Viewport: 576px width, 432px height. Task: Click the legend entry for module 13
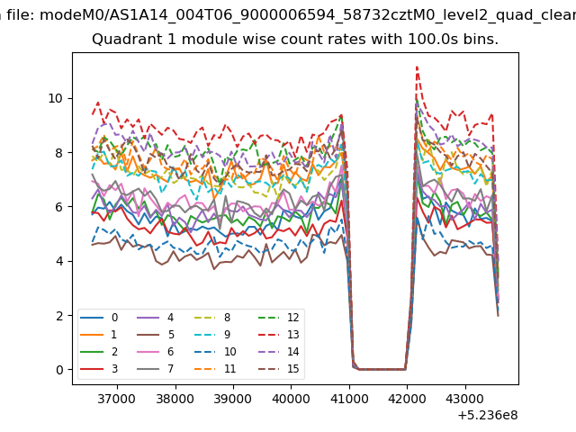[x=279, y=335]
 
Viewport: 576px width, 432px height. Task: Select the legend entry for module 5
[x=156, y=335]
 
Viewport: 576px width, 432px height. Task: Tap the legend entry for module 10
[x=215, y=352]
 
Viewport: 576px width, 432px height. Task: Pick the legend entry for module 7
[x=156, y=368]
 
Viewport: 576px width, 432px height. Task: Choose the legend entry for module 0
[x=99, y=318]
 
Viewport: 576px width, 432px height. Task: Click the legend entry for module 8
[x=212, y=318]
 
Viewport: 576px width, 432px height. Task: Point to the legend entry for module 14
[x=279, y=352]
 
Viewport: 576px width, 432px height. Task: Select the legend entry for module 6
[x=156, y=352]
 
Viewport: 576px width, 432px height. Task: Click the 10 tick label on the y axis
[x=56, y=98]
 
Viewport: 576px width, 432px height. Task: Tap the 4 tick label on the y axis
[x=59, y=261]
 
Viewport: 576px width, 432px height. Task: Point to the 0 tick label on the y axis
[x=59, y=370]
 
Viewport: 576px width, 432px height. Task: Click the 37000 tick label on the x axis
[x=117, y=399]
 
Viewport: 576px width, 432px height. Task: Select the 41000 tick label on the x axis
[x=349, y=399]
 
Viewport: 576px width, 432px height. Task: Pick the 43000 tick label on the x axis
[x=465, y=399]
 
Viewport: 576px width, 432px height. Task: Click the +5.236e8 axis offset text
[x=488, y=415]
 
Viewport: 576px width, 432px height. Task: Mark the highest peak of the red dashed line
[x=417, y=67]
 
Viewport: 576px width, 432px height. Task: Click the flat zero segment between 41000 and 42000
[x=382, y=369]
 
